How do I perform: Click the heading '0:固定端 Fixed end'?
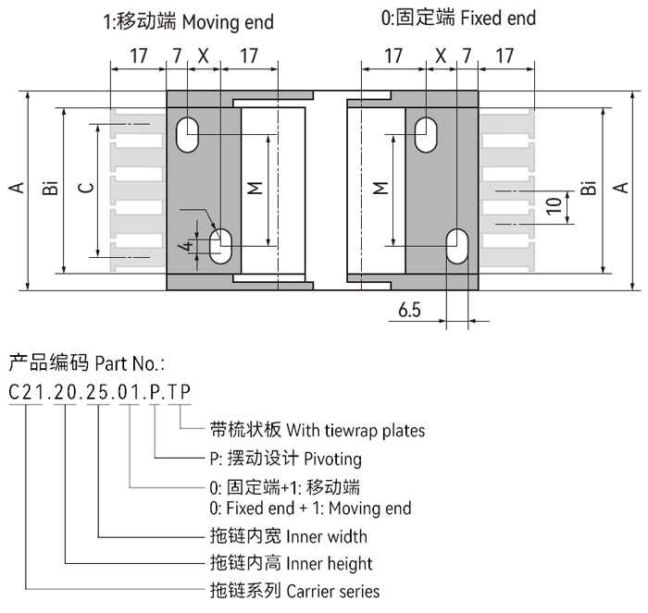459,18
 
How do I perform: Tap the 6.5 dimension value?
410,311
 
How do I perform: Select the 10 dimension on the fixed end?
553,205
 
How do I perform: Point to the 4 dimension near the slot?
188,247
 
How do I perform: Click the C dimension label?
86,189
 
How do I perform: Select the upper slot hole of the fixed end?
427,132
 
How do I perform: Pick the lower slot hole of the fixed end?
457,246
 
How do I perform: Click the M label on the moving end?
256,189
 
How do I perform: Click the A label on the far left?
16,189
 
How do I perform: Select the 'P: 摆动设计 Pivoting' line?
285,459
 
